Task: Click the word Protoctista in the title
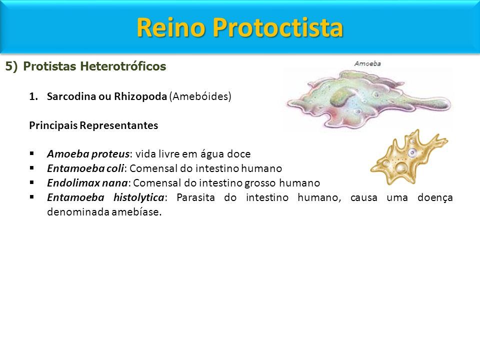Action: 277,28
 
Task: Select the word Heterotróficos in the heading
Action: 123,66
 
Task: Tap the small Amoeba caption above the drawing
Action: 367,63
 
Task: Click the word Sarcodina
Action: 71,96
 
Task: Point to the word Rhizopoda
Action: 140,96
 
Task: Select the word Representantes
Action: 119,125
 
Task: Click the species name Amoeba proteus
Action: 88,153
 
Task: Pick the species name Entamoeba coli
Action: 85,168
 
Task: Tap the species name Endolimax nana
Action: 87,183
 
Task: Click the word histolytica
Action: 139,197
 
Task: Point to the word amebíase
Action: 136,212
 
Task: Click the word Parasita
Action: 195,197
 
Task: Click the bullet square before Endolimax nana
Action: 32,182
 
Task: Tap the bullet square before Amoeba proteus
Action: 32,153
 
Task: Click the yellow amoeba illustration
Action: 409,157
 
